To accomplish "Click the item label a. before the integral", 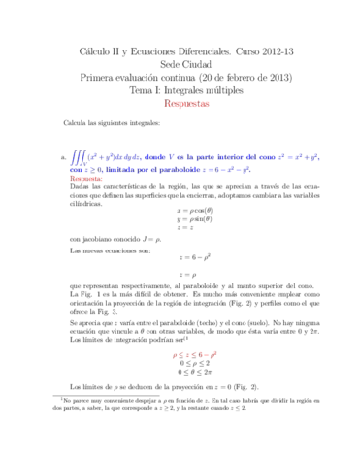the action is (63, 155).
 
